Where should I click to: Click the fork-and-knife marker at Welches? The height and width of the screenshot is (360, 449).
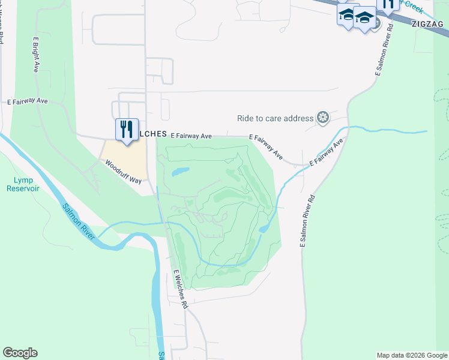[127, 130]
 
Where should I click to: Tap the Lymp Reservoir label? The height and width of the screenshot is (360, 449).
[23, 184]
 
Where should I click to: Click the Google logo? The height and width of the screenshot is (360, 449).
[20, 353]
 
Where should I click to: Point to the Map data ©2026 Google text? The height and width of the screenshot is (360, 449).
[411, 355]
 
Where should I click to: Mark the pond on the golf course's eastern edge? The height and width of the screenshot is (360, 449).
[264, 228]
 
